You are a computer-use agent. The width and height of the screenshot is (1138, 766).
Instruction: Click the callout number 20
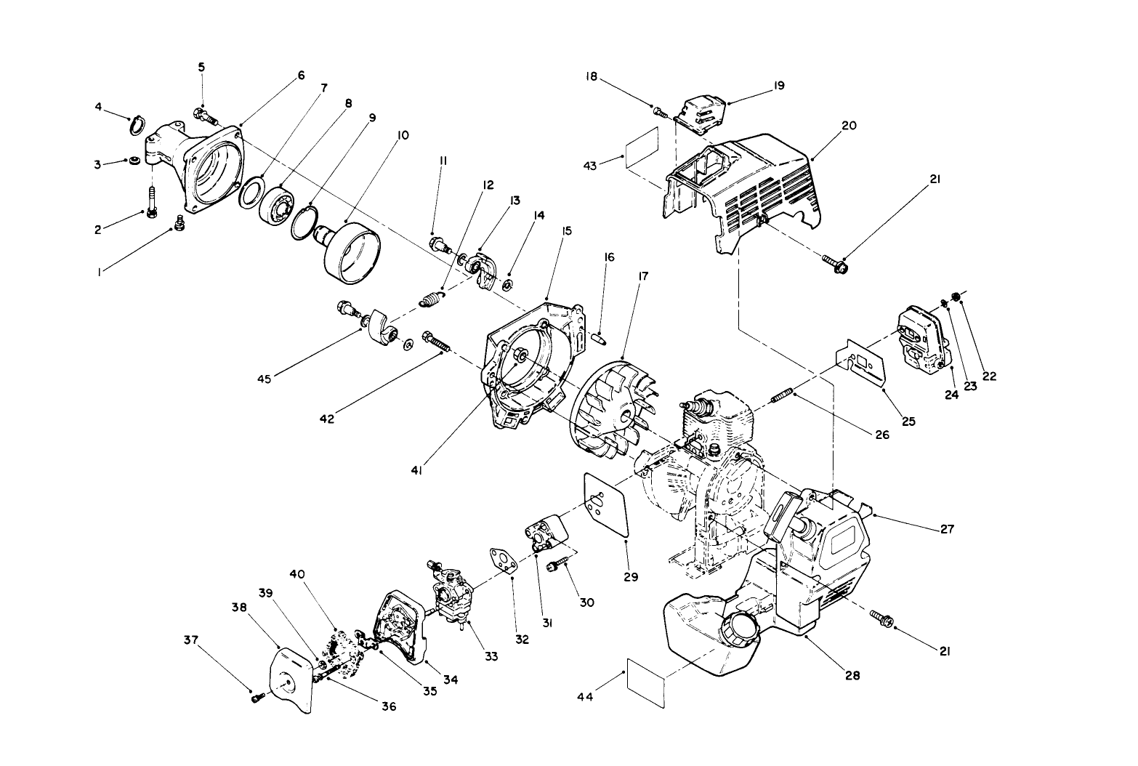tap(828, 125)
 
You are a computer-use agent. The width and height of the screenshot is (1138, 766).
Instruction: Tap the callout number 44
tap(585, 697)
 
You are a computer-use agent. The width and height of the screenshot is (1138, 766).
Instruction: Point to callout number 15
tap(567, 231)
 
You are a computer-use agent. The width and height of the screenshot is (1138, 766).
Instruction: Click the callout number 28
tap(852, 675)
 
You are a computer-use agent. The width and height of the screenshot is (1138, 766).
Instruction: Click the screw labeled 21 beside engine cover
tap(835, 265)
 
